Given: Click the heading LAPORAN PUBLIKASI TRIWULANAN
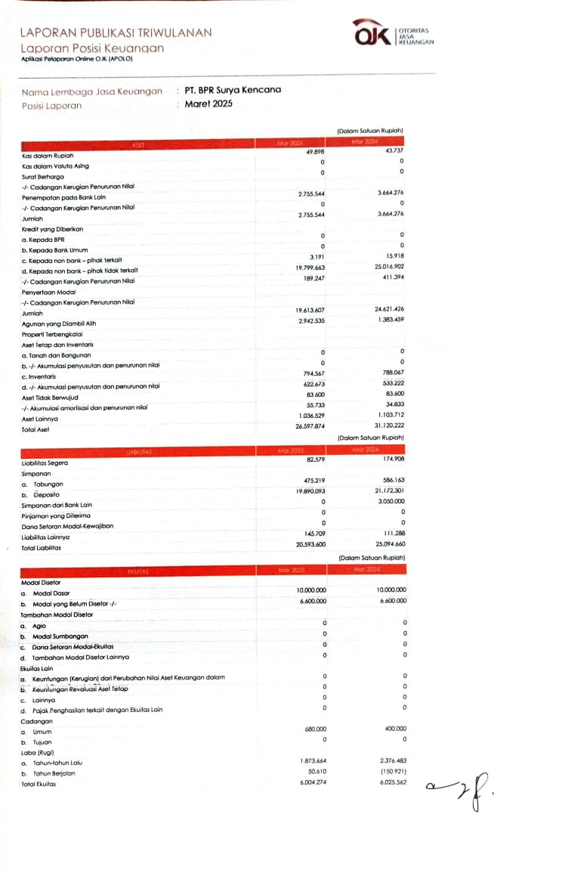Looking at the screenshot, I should pos(116,33).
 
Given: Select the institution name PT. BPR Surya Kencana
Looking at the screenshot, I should pos(233,90).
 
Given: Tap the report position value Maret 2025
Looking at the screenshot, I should pos(208,104).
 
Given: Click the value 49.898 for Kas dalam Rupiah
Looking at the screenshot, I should pos(314,153).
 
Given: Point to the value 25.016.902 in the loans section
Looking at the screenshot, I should pos(390,268).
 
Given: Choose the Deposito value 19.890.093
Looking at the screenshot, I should pos(311,492).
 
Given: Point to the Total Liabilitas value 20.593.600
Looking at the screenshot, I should pos(311,544).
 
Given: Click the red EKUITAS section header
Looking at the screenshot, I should pos(138,571).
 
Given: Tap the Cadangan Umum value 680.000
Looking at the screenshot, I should pos(314,729).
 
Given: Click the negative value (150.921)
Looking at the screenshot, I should pos(391,772).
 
